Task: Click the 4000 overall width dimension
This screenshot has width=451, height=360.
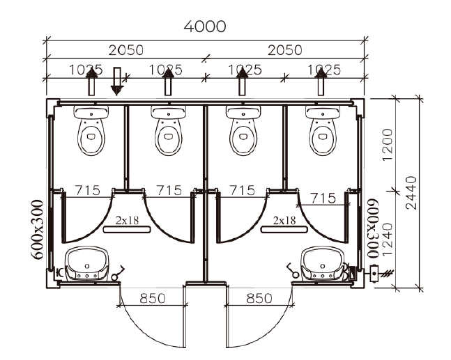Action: coord(205,26)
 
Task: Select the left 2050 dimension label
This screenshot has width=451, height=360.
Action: coord(126,50)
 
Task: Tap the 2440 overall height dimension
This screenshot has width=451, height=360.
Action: coord(411,193)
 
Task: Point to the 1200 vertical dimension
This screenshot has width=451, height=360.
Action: coord(388,145)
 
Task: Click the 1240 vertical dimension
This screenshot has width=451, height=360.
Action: coord(388,240)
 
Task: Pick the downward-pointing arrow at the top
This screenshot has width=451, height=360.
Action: coord(117,81)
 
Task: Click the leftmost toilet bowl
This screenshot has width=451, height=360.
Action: coord(91,130)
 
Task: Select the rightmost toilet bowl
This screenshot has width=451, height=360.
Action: coord(323,130)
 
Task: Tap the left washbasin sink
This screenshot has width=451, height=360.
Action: coord(87,264)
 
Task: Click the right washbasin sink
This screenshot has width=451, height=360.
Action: coord(323,264)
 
